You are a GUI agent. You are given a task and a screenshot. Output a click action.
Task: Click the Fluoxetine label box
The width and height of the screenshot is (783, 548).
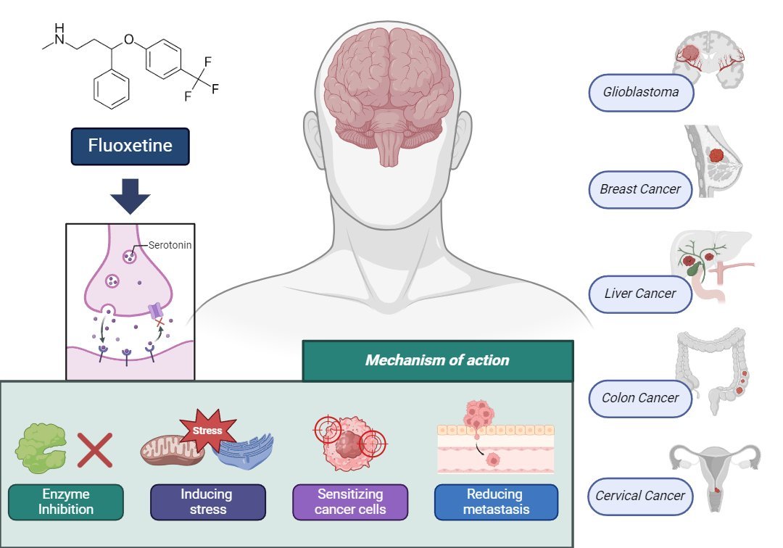(130, 146)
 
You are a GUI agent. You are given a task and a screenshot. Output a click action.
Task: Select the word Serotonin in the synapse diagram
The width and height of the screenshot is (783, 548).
(170, 245)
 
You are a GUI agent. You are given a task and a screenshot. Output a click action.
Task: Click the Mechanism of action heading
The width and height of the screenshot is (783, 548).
(437, 360)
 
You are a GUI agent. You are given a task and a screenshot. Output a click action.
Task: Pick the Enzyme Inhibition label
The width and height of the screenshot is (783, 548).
(66, 502)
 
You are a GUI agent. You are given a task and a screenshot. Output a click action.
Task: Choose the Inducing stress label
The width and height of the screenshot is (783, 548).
(207, 502)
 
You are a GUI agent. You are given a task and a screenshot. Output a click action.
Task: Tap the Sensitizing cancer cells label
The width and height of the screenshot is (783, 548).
(350, 502)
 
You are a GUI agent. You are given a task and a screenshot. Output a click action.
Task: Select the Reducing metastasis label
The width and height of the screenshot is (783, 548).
(495, 502)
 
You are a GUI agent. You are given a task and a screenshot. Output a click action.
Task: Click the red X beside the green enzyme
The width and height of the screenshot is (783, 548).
(95, 451)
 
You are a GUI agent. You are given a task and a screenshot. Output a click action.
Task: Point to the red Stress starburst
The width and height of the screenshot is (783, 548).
(207, 431)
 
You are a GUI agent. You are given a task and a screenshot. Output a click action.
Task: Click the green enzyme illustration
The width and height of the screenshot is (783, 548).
(41, 448)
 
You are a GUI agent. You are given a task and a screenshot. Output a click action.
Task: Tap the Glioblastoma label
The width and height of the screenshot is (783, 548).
(640, 93)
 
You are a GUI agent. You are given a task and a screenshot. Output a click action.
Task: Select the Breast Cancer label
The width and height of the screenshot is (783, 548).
(640, 189)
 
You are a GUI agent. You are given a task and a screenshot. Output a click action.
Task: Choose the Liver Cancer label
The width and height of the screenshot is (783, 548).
(640, 294)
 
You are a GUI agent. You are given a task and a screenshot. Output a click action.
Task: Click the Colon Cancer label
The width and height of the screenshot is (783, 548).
(640, 397)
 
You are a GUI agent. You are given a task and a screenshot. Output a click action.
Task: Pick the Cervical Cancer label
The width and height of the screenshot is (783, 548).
(640, 496)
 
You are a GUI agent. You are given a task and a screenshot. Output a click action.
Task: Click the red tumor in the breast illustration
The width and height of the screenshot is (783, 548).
(716, 155)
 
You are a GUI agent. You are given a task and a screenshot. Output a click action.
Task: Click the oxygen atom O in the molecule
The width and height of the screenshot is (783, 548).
(129, 39)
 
